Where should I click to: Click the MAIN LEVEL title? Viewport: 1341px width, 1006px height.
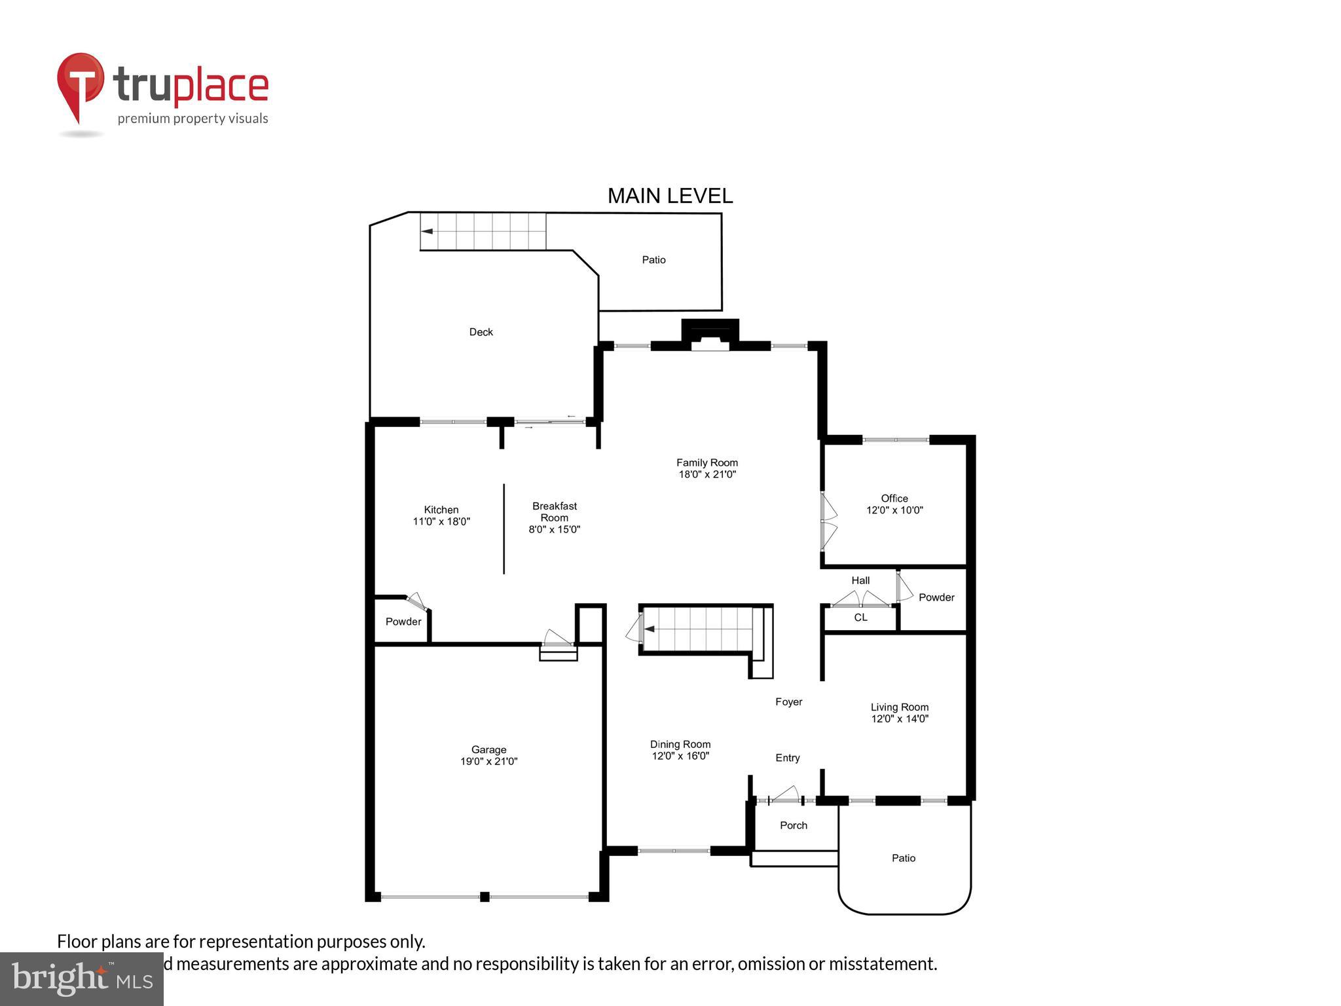pos(670,196)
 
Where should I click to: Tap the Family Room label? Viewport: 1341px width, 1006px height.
pos(707,462)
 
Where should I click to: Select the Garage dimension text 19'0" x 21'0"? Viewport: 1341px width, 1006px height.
pos(488,761)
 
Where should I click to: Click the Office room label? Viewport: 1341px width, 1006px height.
pos(894,498)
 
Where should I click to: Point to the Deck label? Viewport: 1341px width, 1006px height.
pos(481,332)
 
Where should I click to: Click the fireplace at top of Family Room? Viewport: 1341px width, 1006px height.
pos(710,335)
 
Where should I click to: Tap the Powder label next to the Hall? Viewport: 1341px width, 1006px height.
pos(936,597)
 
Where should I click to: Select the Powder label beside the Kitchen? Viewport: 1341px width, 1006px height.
pos(403,622)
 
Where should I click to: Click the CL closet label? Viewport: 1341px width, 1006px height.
pos(860,618)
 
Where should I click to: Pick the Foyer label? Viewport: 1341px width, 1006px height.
pos(788,701)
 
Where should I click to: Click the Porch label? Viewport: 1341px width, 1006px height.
pos(793,825)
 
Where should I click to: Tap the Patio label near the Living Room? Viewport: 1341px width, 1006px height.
pos(903,858)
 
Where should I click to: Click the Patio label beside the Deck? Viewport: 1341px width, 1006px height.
pos(653,260)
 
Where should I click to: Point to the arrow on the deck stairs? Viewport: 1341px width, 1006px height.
pos(427,231)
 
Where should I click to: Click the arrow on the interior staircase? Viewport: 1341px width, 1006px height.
pos(649,629)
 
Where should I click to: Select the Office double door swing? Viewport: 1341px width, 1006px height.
pos(829,521)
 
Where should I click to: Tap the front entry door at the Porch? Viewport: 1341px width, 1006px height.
pos(784,796)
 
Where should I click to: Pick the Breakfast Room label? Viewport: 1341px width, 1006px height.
pos(554,512)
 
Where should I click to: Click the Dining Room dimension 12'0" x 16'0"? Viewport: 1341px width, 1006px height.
pos(680,756)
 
